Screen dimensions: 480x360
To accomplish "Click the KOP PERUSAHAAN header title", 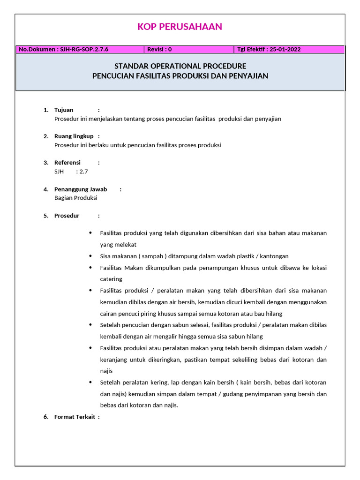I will click(x=180, y=27).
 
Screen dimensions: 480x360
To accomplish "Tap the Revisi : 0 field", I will click(x=159, y=49).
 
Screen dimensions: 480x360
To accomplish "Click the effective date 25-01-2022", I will click(x=285, y=49).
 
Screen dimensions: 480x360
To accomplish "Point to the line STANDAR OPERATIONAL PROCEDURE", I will click(x=180, y=66).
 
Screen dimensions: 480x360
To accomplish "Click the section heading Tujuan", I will click(x=64, y=110).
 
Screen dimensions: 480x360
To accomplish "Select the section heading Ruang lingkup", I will click(x=74, y=136).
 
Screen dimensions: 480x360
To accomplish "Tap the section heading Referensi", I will click(x=67, y=163).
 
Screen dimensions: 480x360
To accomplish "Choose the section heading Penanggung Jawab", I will click(x=81, y=189).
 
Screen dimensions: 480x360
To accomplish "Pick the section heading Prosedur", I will click(x=67, y=216).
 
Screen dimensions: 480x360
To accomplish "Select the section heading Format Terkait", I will click(x=75, y=417).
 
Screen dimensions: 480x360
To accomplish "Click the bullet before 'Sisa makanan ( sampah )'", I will click(x=90, y=256).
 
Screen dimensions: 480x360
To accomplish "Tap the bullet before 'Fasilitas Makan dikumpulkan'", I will click(x=90, y=268).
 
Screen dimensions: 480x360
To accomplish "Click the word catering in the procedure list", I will click(x=111, y=279).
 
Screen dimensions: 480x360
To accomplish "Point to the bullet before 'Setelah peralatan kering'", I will click(x=90, y=382).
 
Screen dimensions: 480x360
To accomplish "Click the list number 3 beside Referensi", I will click(x=45, y=163).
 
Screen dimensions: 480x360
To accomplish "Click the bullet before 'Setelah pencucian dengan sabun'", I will click(x=90, y=325).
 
